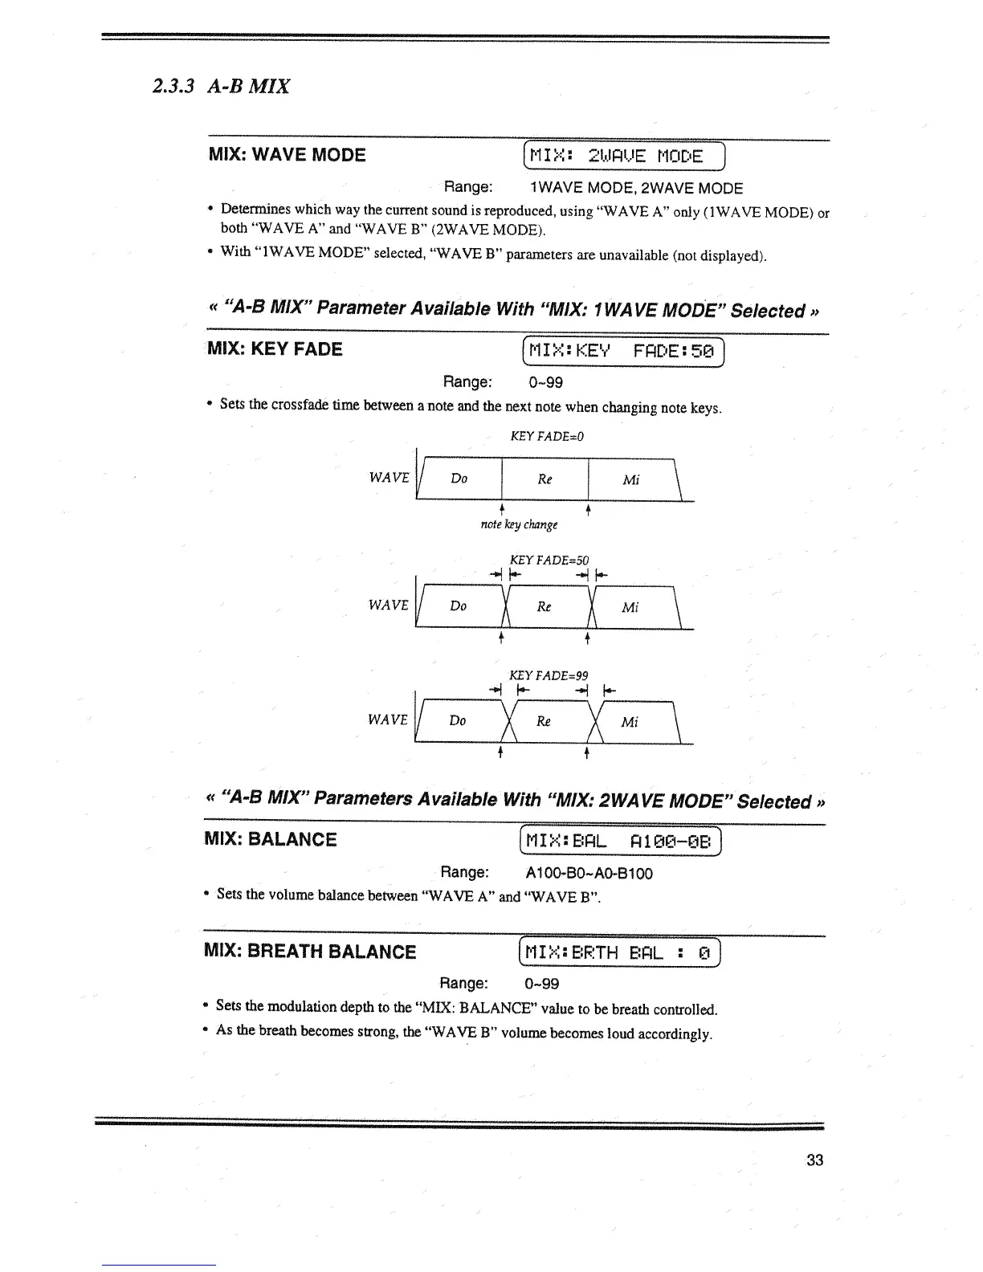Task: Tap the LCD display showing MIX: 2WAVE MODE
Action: click(623, 156)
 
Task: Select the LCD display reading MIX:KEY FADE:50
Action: click(623, 351)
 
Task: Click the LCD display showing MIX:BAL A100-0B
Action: click(622, 842)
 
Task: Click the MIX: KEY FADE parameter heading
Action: click(275, 349)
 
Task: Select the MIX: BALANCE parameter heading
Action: click(271, 840)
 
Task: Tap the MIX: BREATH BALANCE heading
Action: click(310, 952)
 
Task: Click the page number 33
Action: click(814, 1160)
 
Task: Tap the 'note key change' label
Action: click(519, 524)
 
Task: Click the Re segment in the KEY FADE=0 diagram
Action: click(545, 479)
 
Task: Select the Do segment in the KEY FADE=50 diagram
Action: click(458, 606)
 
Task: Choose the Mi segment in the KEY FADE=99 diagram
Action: click(630, 722)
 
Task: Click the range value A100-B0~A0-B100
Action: click(589, 873)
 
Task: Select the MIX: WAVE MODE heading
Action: click(287, 155)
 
